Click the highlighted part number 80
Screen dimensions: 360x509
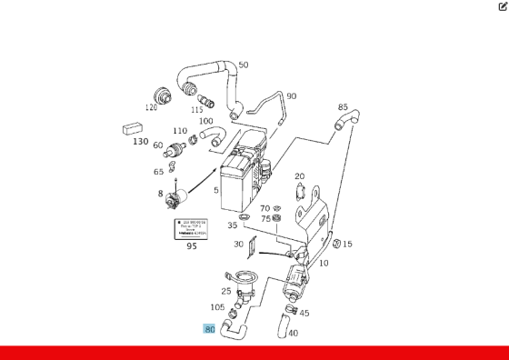[210, 329]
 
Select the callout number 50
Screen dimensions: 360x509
[243, 65]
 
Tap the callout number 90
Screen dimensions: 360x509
[291, 96]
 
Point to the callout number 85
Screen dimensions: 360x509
[343, 107]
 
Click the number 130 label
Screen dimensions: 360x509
[140, 141]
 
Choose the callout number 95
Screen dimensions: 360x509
[191, 245]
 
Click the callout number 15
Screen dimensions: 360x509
[347, 244]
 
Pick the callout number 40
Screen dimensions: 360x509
[293, 333]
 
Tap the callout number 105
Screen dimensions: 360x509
[218, 307]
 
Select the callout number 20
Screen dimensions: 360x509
[299, 176]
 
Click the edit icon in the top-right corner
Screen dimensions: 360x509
[503, 6]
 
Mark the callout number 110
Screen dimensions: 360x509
[180, 131]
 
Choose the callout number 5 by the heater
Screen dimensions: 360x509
[215, 191]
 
